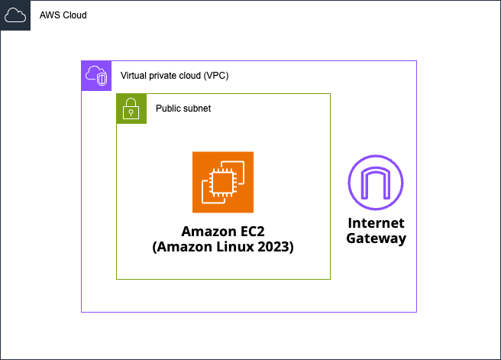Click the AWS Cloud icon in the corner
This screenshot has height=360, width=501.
pos(15,15)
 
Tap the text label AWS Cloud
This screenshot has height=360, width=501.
pos(63,15)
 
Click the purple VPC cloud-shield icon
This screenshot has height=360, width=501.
pos(96,76)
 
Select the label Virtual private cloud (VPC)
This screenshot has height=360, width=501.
pos(175,76)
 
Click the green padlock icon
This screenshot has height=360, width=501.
pos(131,109)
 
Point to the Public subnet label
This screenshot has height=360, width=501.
pos(183,109)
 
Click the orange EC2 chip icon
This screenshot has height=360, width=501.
pos(223,182)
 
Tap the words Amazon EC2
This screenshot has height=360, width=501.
pos(222,232)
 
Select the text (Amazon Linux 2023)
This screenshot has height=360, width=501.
pos(222,248)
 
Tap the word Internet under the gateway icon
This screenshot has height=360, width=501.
pos(376,223)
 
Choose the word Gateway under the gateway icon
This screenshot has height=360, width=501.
pos(376,238)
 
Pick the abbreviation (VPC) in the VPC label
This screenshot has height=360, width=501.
pos(216,76)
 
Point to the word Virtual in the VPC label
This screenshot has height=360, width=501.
pos(135,76)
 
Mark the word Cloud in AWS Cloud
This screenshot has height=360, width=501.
pos(74,15)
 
